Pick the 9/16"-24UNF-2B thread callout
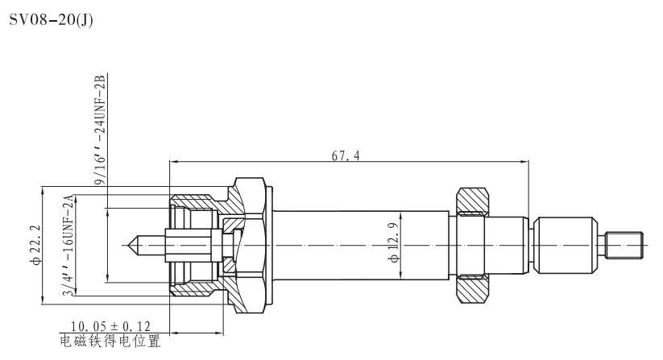(x=100, y=133)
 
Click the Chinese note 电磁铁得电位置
(x=110, y=341)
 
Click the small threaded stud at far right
(x=625, y=243)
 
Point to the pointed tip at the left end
(x=134, y=243)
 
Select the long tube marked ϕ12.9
(x=363, y=244)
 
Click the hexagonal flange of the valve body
(x=250, y=243)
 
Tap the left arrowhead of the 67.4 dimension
(x=172, y=162)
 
